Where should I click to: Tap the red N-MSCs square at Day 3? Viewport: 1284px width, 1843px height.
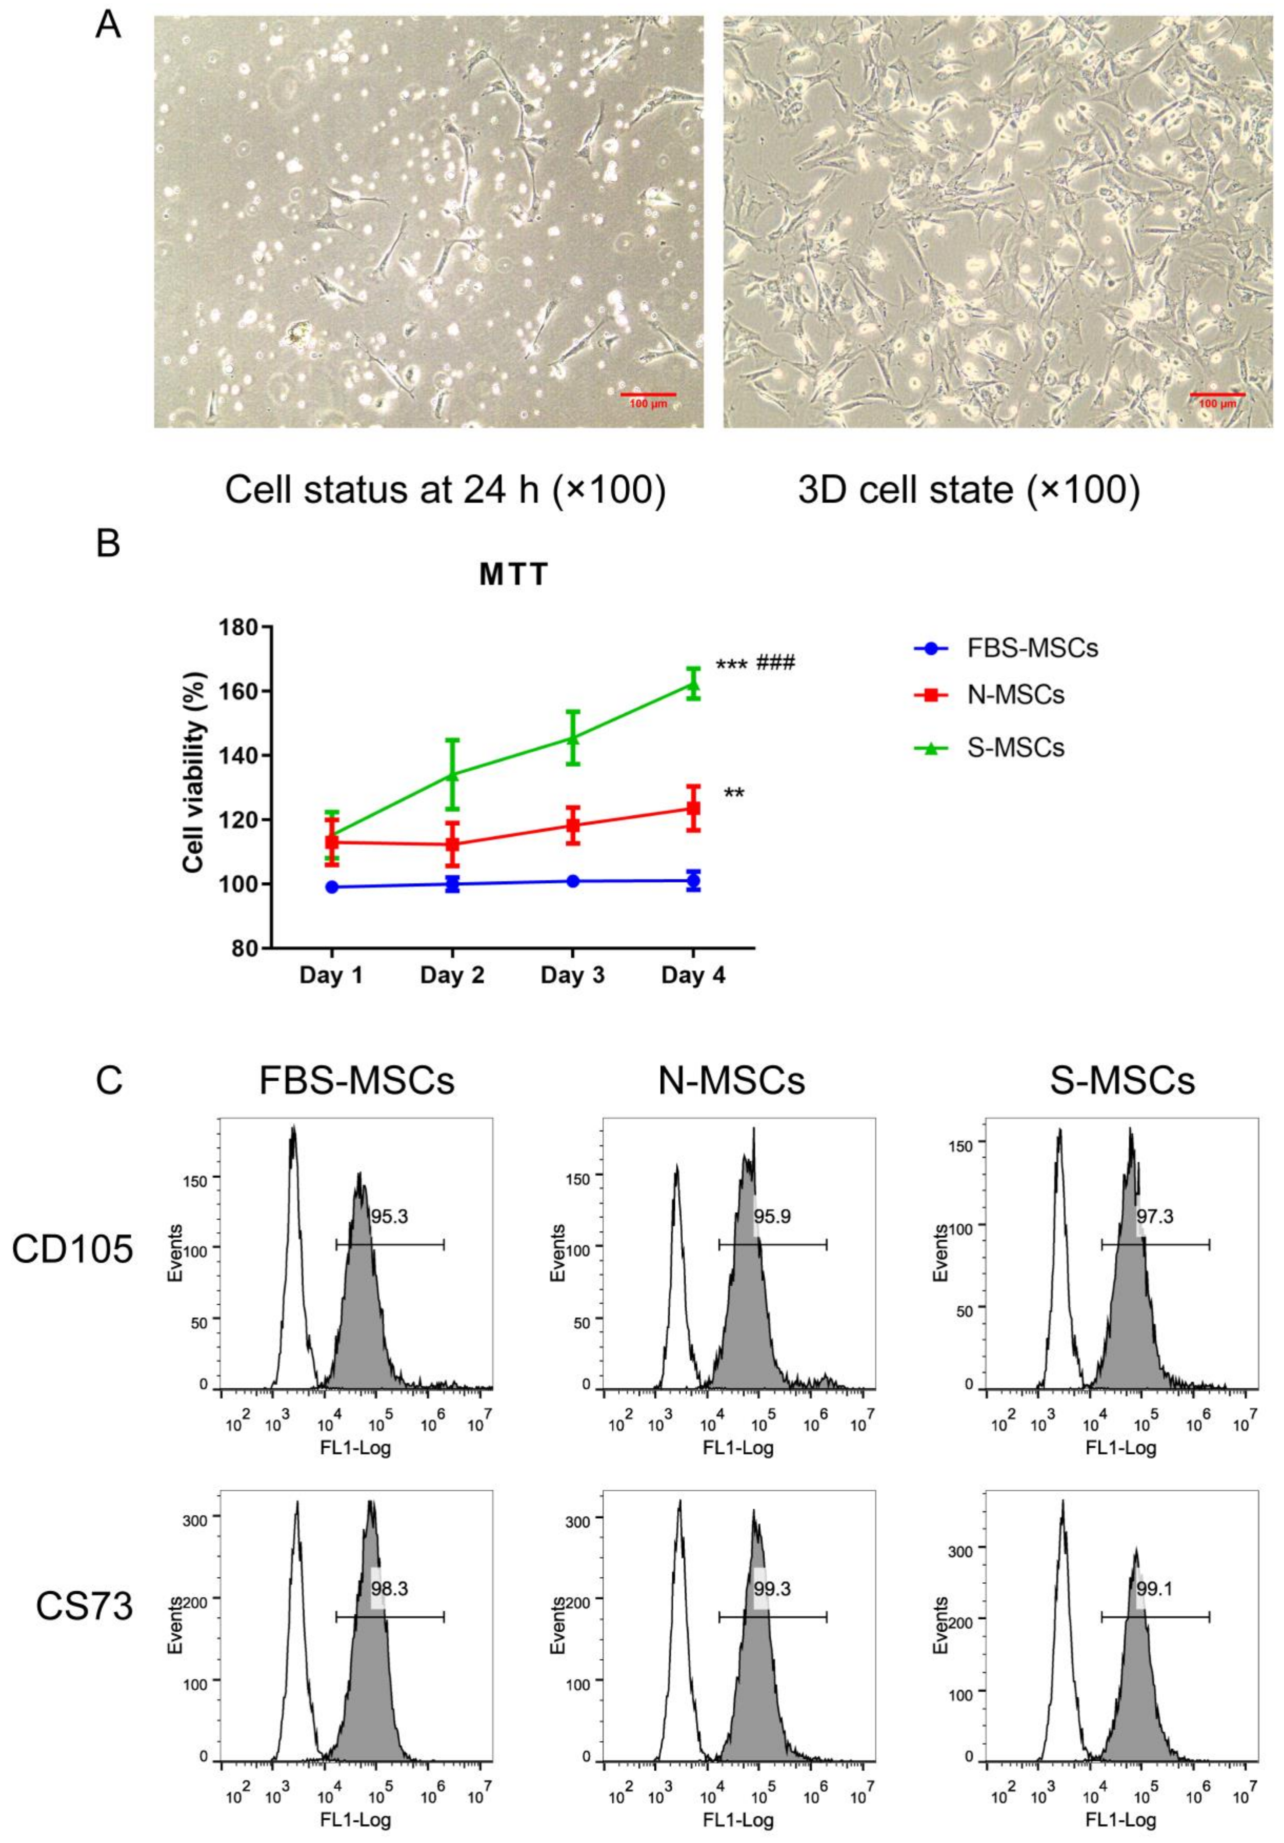pyautogui.click(x=572, y=825)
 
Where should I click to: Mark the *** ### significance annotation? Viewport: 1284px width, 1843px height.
pyautogui.click(x=755, y=665)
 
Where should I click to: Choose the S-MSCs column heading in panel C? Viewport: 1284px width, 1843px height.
pyautogui.click(x=1122, y=1081)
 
